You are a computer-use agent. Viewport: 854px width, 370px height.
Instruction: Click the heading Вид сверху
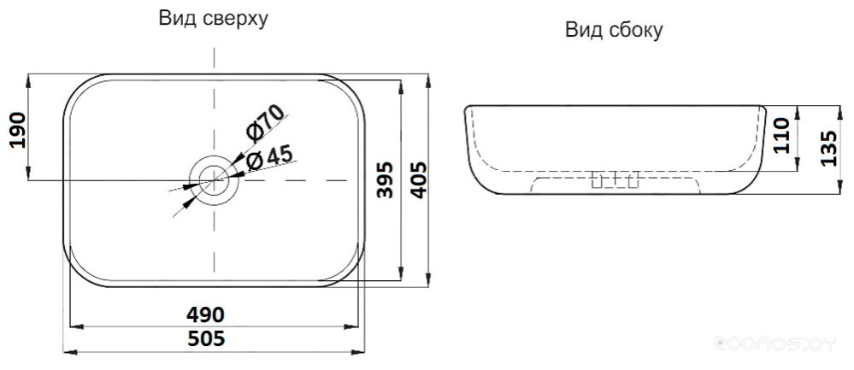[x=214, y=18]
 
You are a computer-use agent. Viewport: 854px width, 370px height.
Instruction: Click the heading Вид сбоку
[x=614, y=30]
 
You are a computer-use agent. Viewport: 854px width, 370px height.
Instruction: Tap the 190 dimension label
[x=19, y=130]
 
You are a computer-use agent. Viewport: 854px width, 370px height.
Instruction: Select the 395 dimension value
[x=386, y=179]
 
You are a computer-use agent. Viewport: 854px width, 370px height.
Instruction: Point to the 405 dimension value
[x=417, y=179]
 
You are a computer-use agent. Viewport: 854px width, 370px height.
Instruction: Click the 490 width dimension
[x=205, y=314]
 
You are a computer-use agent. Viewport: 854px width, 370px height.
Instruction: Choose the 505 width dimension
[x=206, y=339]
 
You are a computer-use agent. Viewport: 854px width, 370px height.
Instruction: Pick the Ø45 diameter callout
[x=269, y=158]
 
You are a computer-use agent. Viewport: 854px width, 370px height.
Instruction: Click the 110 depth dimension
[x=780, y=136]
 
